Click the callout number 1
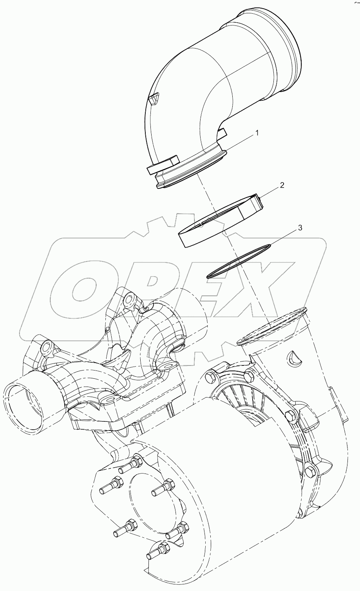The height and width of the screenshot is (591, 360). point(257,133)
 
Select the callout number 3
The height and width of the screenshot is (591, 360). point(300,228)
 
